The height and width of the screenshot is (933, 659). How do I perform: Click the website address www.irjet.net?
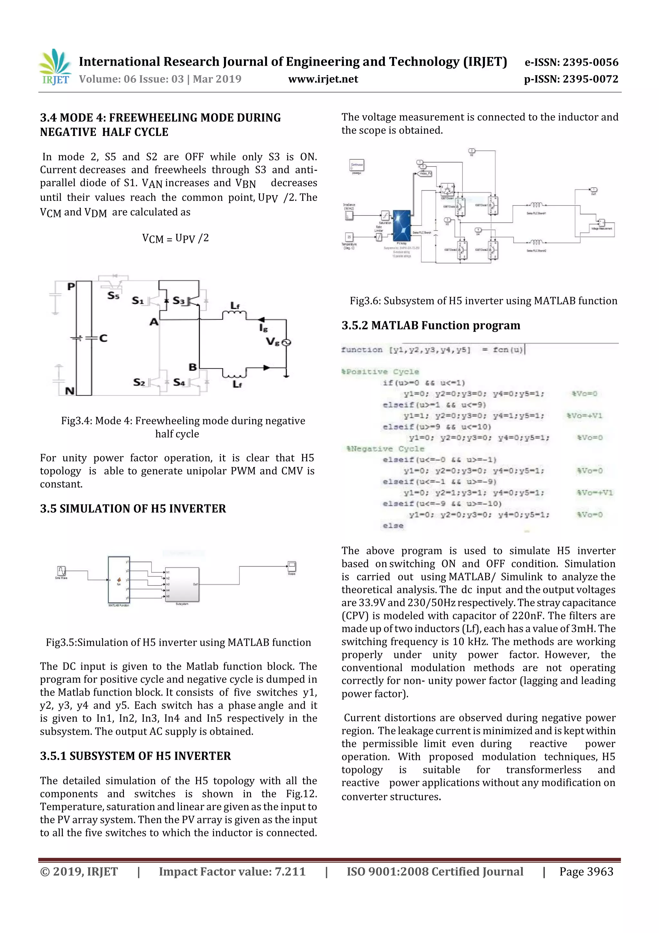coord(323,79)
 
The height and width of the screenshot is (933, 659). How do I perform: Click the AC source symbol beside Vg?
coord(286,343)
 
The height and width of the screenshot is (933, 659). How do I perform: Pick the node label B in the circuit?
coord(192,367)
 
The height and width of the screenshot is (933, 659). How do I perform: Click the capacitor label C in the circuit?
coord(103,338)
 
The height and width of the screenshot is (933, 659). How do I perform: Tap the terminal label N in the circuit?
coord(70,391)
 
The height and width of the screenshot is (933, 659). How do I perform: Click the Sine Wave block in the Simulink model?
coord(61,571)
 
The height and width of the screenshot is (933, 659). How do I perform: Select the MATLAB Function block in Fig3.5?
coord(118,580)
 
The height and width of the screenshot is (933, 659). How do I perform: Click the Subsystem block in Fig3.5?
coord(182,584)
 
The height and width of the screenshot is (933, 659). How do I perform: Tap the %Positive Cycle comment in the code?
coord(380,371)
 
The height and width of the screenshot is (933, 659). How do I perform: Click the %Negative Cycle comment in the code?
coord(385,449)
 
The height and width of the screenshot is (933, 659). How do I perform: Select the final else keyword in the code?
coord(393,525)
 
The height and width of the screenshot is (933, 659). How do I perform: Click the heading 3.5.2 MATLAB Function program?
coord(431,326)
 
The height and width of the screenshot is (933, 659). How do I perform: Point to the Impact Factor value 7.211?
coord(290,871)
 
